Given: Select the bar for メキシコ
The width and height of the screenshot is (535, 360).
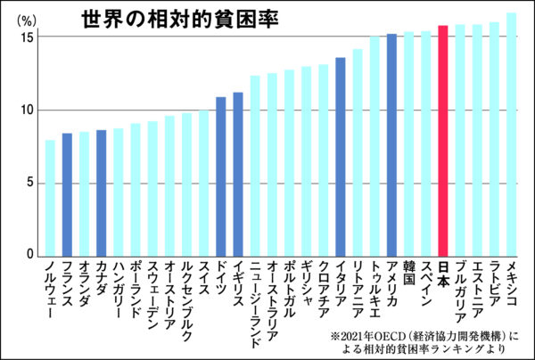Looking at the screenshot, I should click(x=512, y=135).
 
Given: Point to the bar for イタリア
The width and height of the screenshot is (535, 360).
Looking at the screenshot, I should click(x=341, y=157).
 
